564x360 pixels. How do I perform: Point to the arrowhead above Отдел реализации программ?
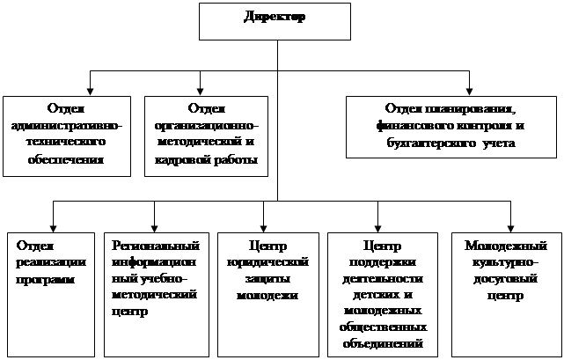tap(52, 224)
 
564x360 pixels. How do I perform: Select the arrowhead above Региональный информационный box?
tap(155, 224)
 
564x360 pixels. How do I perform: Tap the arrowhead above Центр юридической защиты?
tap(264, 224)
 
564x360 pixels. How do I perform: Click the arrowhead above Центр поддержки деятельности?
tap(378, 224)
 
